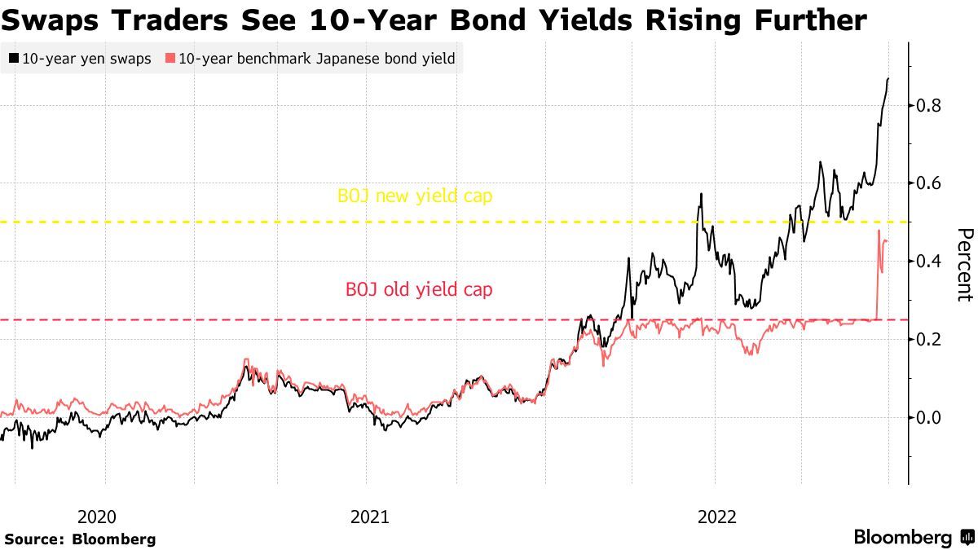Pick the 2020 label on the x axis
97,517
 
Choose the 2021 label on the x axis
370,517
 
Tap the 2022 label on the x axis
717,517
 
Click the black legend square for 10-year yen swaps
13,59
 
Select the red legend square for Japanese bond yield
170,59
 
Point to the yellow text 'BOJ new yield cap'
415,196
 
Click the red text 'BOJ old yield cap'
419,289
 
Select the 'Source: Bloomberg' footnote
80,539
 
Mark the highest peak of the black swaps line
888,79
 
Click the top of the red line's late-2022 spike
879,231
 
